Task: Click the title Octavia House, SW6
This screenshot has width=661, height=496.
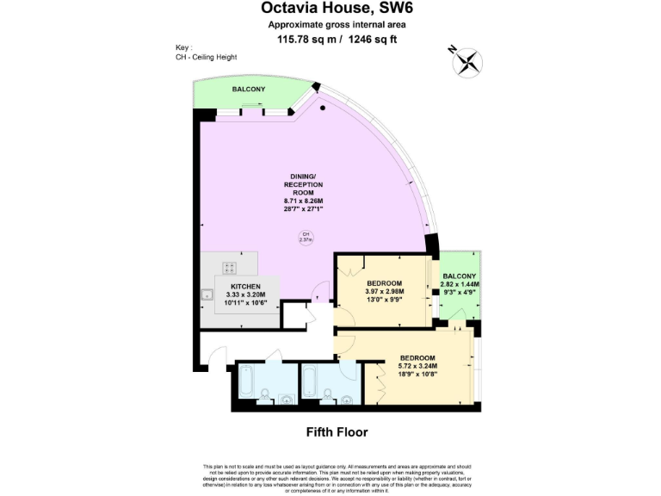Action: tap(330, 9)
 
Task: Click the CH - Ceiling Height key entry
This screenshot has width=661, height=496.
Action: tap(206, 57)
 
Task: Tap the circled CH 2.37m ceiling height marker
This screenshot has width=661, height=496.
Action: tap(305, 238)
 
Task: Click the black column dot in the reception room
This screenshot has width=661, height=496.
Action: tap(323, 108)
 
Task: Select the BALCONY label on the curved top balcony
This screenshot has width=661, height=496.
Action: tap(248, 90)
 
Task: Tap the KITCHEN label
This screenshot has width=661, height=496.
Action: tap(244, 286)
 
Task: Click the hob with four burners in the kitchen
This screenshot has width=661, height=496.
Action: tap(230, 266)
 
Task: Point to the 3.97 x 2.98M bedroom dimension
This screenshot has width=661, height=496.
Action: tap(386, 291)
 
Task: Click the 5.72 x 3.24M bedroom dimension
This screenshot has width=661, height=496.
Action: tap(417, 366)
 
